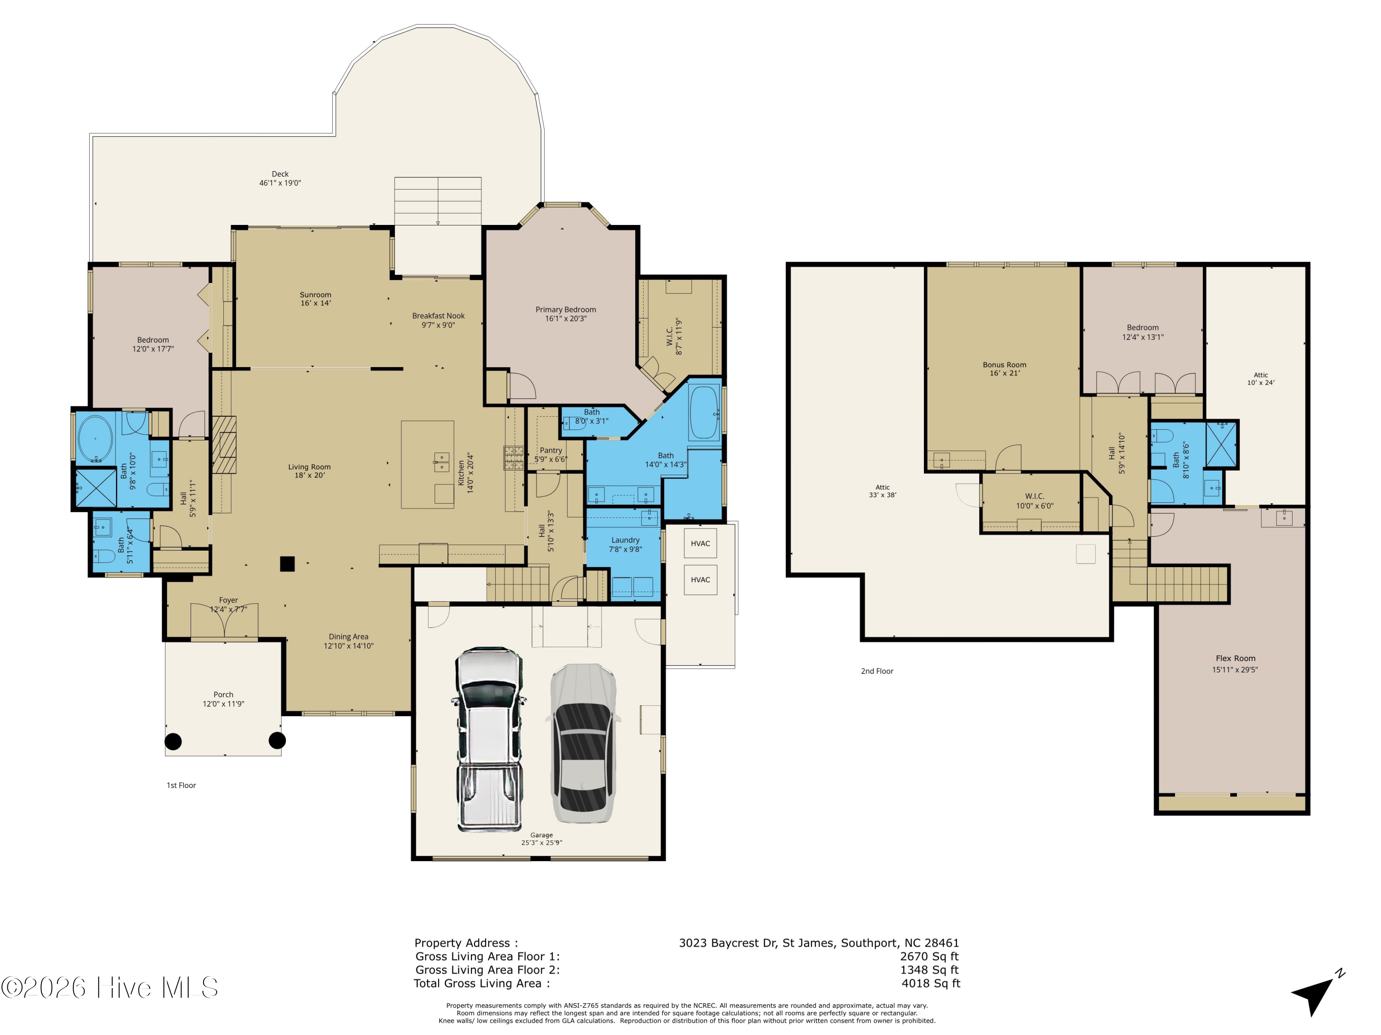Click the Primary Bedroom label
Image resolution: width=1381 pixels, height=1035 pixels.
(x=566, y=314)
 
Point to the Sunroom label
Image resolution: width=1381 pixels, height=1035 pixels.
(x=315, y=299)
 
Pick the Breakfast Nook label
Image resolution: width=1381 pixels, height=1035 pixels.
(x=438, y=320)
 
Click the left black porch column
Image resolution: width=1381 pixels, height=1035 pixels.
(x=173, y=741)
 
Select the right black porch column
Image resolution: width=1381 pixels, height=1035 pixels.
(x=277, y=741)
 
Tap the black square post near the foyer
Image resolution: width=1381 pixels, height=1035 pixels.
(x=287, y=564)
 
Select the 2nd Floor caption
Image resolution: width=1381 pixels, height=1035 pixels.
(x=877, y=671)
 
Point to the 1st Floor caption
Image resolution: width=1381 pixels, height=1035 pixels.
(x=181, y=786)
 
